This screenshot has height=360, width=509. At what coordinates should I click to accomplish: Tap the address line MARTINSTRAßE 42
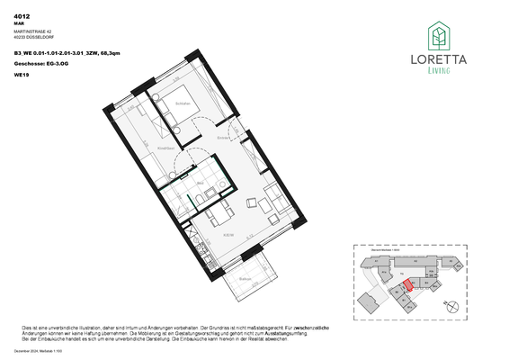(32, 31)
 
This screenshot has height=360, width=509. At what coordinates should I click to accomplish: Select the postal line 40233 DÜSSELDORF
(33, 38)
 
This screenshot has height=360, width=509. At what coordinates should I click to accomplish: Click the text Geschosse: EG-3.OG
(40, 65)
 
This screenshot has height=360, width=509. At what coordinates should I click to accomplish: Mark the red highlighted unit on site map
(406, 285)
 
